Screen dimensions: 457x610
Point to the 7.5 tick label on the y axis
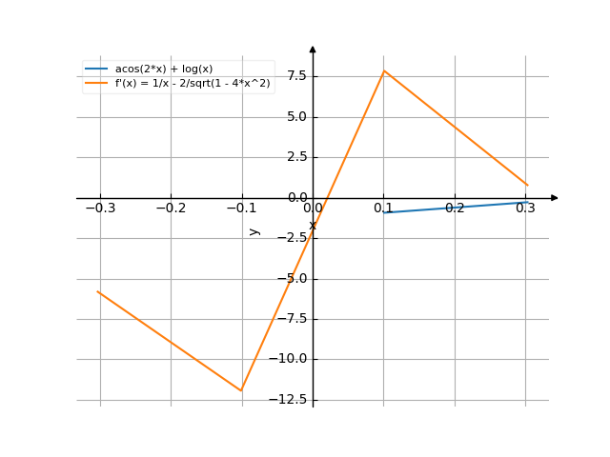click(x=295, y=76)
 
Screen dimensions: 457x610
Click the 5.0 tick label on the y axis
click(x=295, y=117)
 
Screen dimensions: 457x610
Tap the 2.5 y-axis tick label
click(x=295, y=157)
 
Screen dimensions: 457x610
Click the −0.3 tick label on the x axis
click(x=99, y=209)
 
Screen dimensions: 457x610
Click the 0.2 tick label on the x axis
click(x=455, y=209)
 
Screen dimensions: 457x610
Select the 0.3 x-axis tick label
click(x=525, y=209)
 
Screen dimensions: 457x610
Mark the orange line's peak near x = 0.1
click(x=384, y=71)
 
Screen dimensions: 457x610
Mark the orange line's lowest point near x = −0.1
click(x=241, y=390)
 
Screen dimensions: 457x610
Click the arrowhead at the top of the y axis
click(x=313, y=47)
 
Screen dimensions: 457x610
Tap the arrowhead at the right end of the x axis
click(x=555, y=198)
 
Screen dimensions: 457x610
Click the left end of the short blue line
click(x=384, y=212)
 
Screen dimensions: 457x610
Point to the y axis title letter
click(x=254, y=230)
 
